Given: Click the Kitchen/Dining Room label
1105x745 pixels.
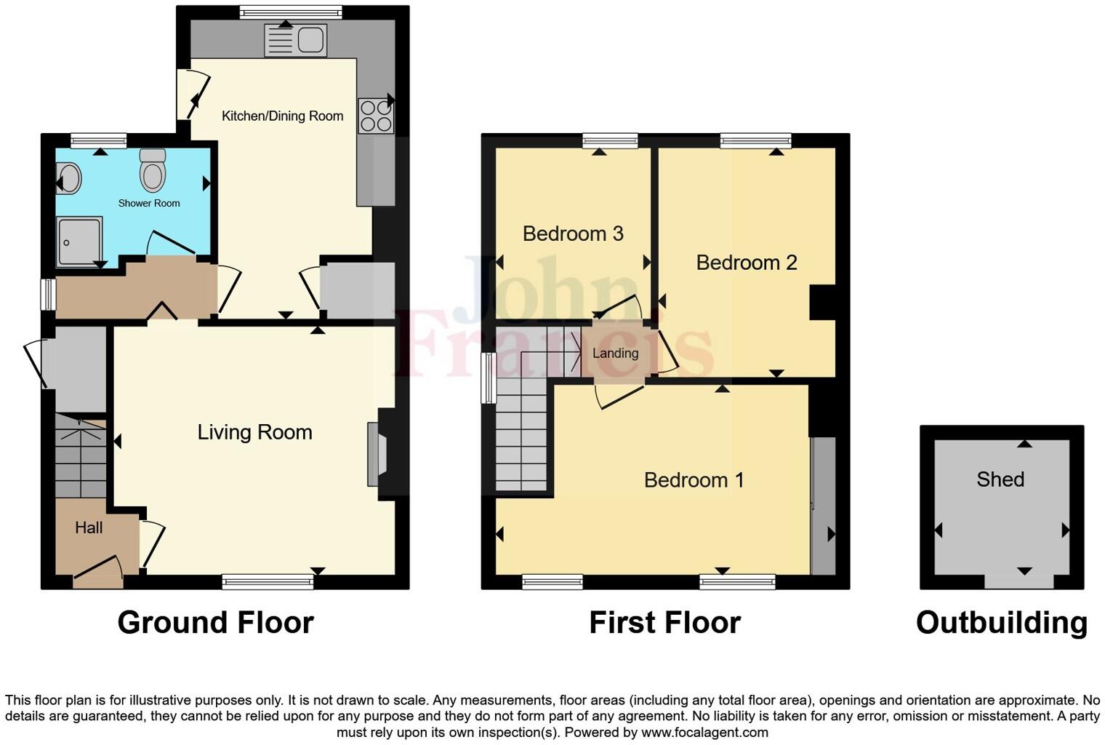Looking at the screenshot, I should pos(282,116).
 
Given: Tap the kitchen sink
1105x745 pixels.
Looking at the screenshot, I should pos(297,39).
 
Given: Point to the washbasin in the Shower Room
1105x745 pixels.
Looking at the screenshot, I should pos(69,178).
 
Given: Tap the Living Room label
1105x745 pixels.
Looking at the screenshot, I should pos(254,432).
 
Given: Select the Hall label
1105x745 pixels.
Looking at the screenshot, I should pos(89,527).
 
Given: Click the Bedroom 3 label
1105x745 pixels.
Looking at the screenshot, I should pos(573,234).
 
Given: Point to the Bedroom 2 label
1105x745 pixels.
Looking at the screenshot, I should pos(747,263).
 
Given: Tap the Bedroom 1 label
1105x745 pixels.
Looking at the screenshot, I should pos(694,480).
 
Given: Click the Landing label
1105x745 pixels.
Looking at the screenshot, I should pos(615,354).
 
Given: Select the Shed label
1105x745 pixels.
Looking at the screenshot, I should pos(1000,479).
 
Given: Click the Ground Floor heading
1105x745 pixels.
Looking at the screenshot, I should pos(215,623).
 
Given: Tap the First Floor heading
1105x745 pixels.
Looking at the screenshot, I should pos(664,623).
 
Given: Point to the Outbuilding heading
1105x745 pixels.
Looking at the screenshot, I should pos(1001,623).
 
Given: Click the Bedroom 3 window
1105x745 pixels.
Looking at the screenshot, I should pos(610,140).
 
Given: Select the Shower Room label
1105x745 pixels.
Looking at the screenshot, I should pos(149,204).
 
